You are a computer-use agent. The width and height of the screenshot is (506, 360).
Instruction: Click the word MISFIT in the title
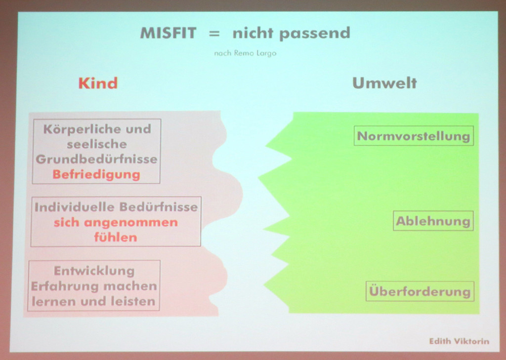point(168,33)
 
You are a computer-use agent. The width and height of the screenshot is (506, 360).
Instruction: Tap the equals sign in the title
point(214,33)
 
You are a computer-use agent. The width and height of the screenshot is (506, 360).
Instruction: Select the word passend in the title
point(315,34)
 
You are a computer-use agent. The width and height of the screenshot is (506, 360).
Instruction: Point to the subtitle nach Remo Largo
point(245,53)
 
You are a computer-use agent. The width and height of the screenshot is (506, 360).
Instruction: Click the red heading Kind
point(98,83)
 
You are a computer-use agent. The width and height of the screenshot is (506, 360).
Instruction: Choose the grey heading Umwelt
point(384,83)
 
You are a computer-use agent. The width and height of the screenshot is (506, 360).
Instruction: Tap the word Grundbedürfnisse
point(96,159)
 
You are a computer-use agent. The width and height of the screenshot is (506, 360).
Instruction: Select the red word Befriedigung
point(96,174)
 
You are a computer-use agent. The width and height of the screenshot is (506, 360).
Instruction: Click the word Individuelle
point(75,207)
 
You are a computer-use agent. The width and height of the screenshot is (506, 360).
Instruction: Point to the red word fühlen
point(116,238)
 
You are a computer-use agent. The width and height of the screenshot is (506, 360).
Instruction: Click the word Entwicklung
point(94,271)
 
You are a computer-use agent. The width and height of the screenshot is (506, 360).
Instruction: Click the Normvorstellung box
point(414,136)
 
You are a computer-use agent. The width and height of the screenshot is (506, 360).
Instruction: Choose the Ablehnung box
point(433,221)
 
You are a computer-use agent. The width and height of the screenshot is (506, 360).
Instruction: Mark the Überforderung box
point(420,291)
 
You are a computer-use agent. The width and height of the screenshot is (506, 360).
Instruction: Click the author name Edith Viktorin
point(459,341)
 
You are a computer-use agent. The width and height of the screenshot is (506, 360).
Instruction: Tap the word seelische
point(97,144)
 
